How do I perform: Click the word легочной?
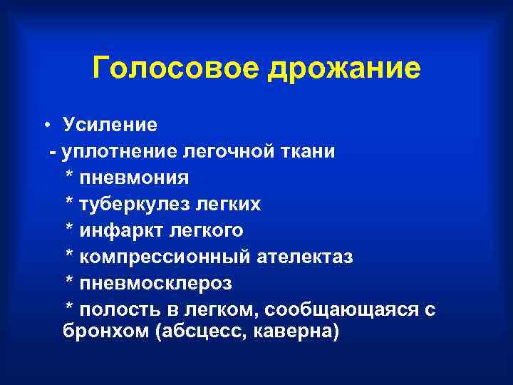coord(210,152)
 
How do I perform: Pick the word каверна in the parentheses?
coord(298,334)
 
